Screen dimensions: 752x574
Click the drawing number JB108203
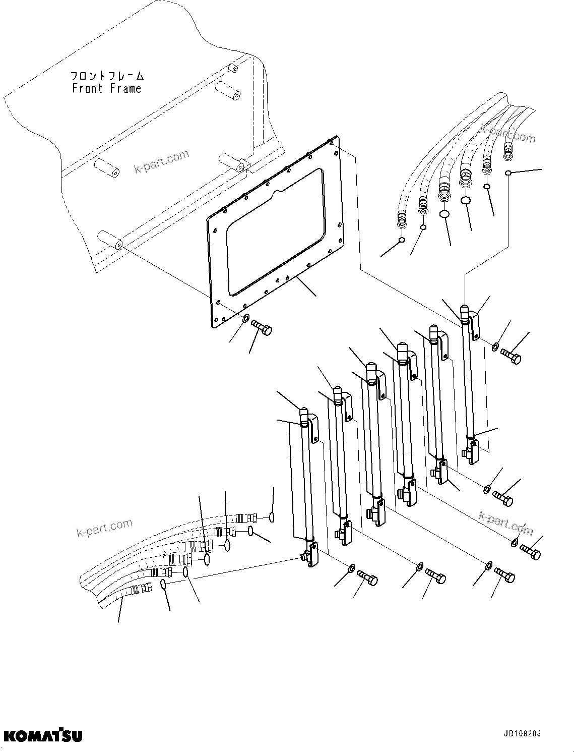[x=521, y=733]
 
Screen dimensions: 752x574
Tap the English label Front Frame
[x=106, y=89]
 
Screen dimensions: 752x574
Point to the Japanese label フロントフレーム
[x=107, y=76]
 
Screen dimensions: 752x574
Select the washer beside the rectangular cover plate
[x=245, y=319]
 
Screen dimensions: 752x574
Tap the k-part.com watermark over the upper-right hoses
[x=508, y=133]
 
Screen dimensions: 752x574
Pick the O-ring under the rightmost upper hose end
[x=509, y=173]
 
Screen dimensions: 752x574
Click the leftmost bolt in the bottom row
[x=367, y=578]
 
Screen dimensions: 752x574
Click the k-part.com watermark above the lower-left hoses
[x=104, y=528]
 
